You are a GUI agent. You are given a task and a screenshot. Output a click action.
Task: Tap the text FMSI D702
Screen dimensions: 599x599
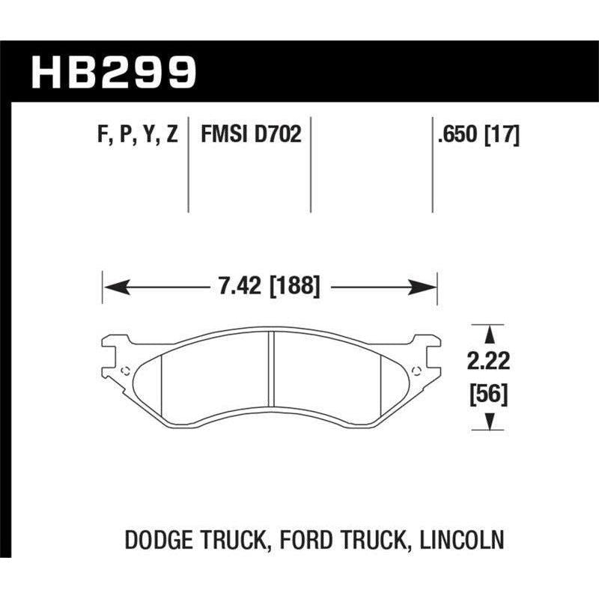250,136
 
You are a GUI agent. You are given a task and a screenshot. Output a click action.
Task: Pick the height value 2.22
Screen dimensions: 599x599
489,362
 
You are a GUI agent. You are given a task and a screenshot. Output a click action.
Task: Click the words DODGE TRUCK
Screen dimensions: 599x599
201,538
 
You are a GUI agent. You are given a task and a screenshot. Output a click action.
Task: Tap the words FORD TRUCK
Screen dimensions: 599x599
351,538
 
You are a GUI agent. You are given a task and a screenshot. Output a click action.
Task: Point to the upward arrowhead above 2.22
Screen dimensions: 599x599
489,332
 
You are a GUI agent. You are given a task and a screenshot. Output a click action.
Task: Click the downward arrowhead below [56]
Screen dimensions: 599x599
489,424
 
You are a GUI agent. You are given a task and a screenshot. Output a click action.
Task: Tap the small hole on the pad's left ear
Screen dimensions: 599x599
124,369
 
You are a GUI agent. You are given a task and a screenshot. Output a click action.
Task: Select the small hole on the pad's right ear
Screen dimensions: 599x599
416,369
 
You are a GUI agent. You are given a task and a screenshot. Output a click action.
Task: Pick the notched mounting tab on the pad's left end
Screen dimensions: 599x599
110,352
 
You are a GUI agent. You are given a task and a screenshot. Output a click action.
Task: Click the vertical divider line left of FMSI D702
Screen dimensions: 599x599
188,165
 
